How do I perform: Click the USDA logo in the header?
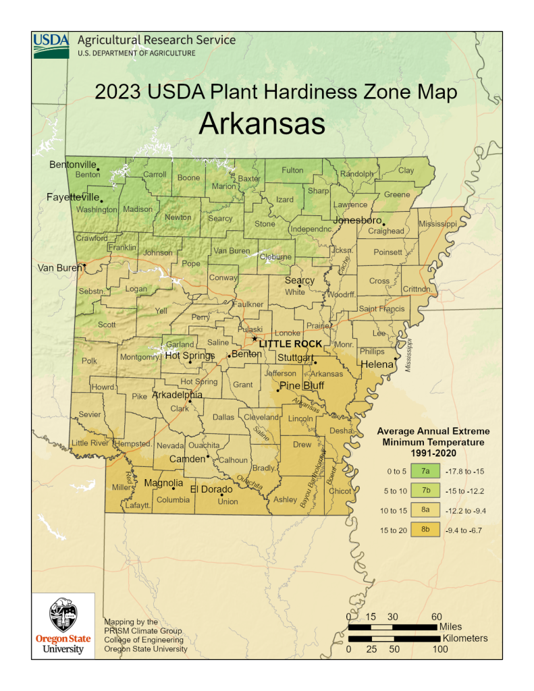51,45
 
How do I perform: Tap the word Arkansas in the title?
263,124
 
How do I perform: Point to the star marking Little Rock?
255,339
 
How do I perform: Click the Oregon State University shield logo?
63,614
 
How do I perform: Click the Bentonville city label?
73,165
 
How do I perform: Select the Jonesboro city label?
356,220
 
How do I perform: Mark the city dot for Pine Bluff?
277,390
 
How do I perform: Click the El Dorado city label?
212,489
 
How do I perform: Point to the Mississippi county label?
437,223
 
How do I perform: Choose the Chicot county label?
340,491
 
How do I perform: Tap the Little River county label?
90,443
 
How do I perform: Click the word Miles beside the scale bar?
450,627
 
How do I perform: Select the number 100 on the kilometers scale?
440,649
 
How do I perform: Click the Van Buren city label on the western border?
59,268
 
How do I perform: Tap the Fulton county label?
292,170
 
